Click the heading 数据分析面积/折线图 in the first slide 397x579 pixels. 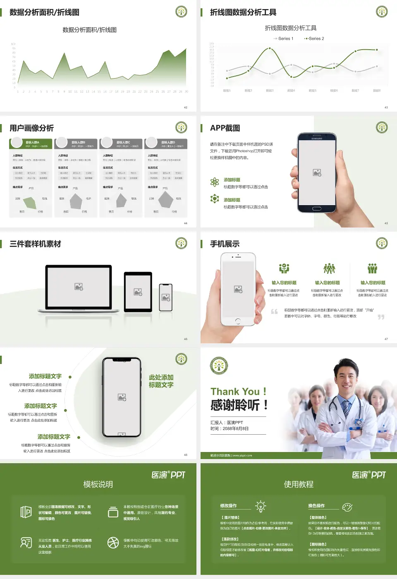tap(44, 12)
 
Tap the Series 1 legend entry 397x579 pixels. tap(284, 38)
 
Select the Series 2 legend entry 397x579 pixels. tap(315, 38)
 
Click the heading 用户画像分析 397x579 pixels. tap(32, 128)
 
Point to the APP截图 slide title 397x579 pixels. tap(225, 128)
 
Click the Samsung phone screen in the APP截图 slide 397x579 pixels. tap(317, 173)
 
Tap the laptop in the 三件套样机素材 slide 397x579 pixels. tap(79, 288)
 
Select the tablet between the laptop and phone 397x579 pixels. tap(138, 292)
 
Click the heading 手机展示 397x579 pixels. tap(225, 244)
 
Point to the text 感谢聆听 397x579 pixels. tap(235, 405)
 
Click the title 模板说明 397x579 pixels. tap(98, 484)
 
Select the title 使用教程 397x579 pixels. tap(299, 484)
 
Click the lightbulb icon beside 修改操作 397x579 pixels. tap(261, 507)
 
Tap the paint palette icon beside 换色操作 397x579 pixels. tap(347, 507)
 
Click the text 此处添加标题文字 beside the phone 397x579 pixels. tap(161, 381)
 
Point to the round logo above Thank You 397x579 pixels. tap(219, 366)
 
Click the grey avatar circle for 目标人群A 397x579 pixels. tap(17, 142)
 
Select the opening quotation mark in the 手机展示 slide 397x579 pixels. tap(274, 311)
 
